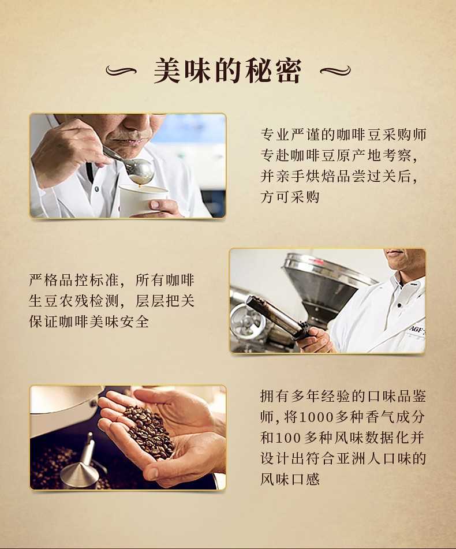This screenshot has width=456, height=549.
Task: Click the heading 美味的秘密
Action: coord(227,71)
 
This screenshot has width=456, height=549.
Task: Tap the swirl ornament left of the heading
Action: coord(121,71)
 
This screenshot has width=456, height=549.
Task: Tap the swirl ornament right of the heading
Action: coord(335,71)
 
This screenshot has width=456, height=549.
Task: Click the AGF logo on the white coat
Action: coord(417,329)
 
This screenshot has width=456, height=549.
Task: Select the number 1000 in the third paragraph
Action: coord(316,417)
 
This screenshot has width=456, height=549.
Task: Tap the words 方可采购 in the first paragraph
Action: coord(290,196)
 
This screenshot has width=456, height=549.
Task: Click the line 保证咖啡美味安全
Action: coord(89,322)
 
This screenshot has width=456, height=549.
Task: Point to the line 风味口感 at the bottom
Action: coord(290,479)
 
